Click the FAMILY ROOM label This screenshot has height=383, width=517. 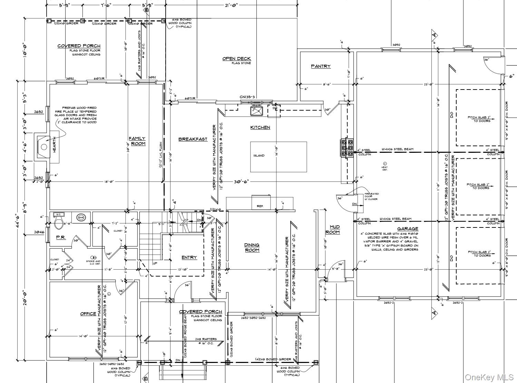[x=137, y=141]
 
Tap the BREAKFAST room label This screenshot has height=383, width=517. [x=193, y=139]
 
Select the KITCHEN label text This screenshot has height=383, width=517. [x=260, y=128]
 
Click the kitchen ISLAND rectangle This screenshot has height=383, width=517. [x=279, y=157]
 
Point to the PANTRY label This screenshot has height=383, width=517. [x=321, y=66]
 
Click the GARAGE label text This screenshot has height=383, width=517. [x=408, y=228]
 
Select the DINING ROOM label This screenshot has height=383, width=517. [x=252, y=247]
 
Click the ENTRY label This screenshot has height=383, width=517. [x=189, y=258]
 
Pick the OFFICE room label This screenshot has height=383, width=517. [x=88, y=314]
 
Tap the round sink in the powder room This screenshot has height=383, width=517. [x=81, y=217]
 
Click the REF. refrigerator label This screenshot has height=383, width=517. [x=260, y=206]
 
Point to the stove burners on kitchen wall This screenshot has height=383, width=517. [x=347, y=149]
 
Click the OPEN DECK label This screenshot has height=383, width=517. [x=236, y=59]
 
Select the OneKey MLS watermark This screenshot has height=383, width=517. [x=489, y=376]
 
